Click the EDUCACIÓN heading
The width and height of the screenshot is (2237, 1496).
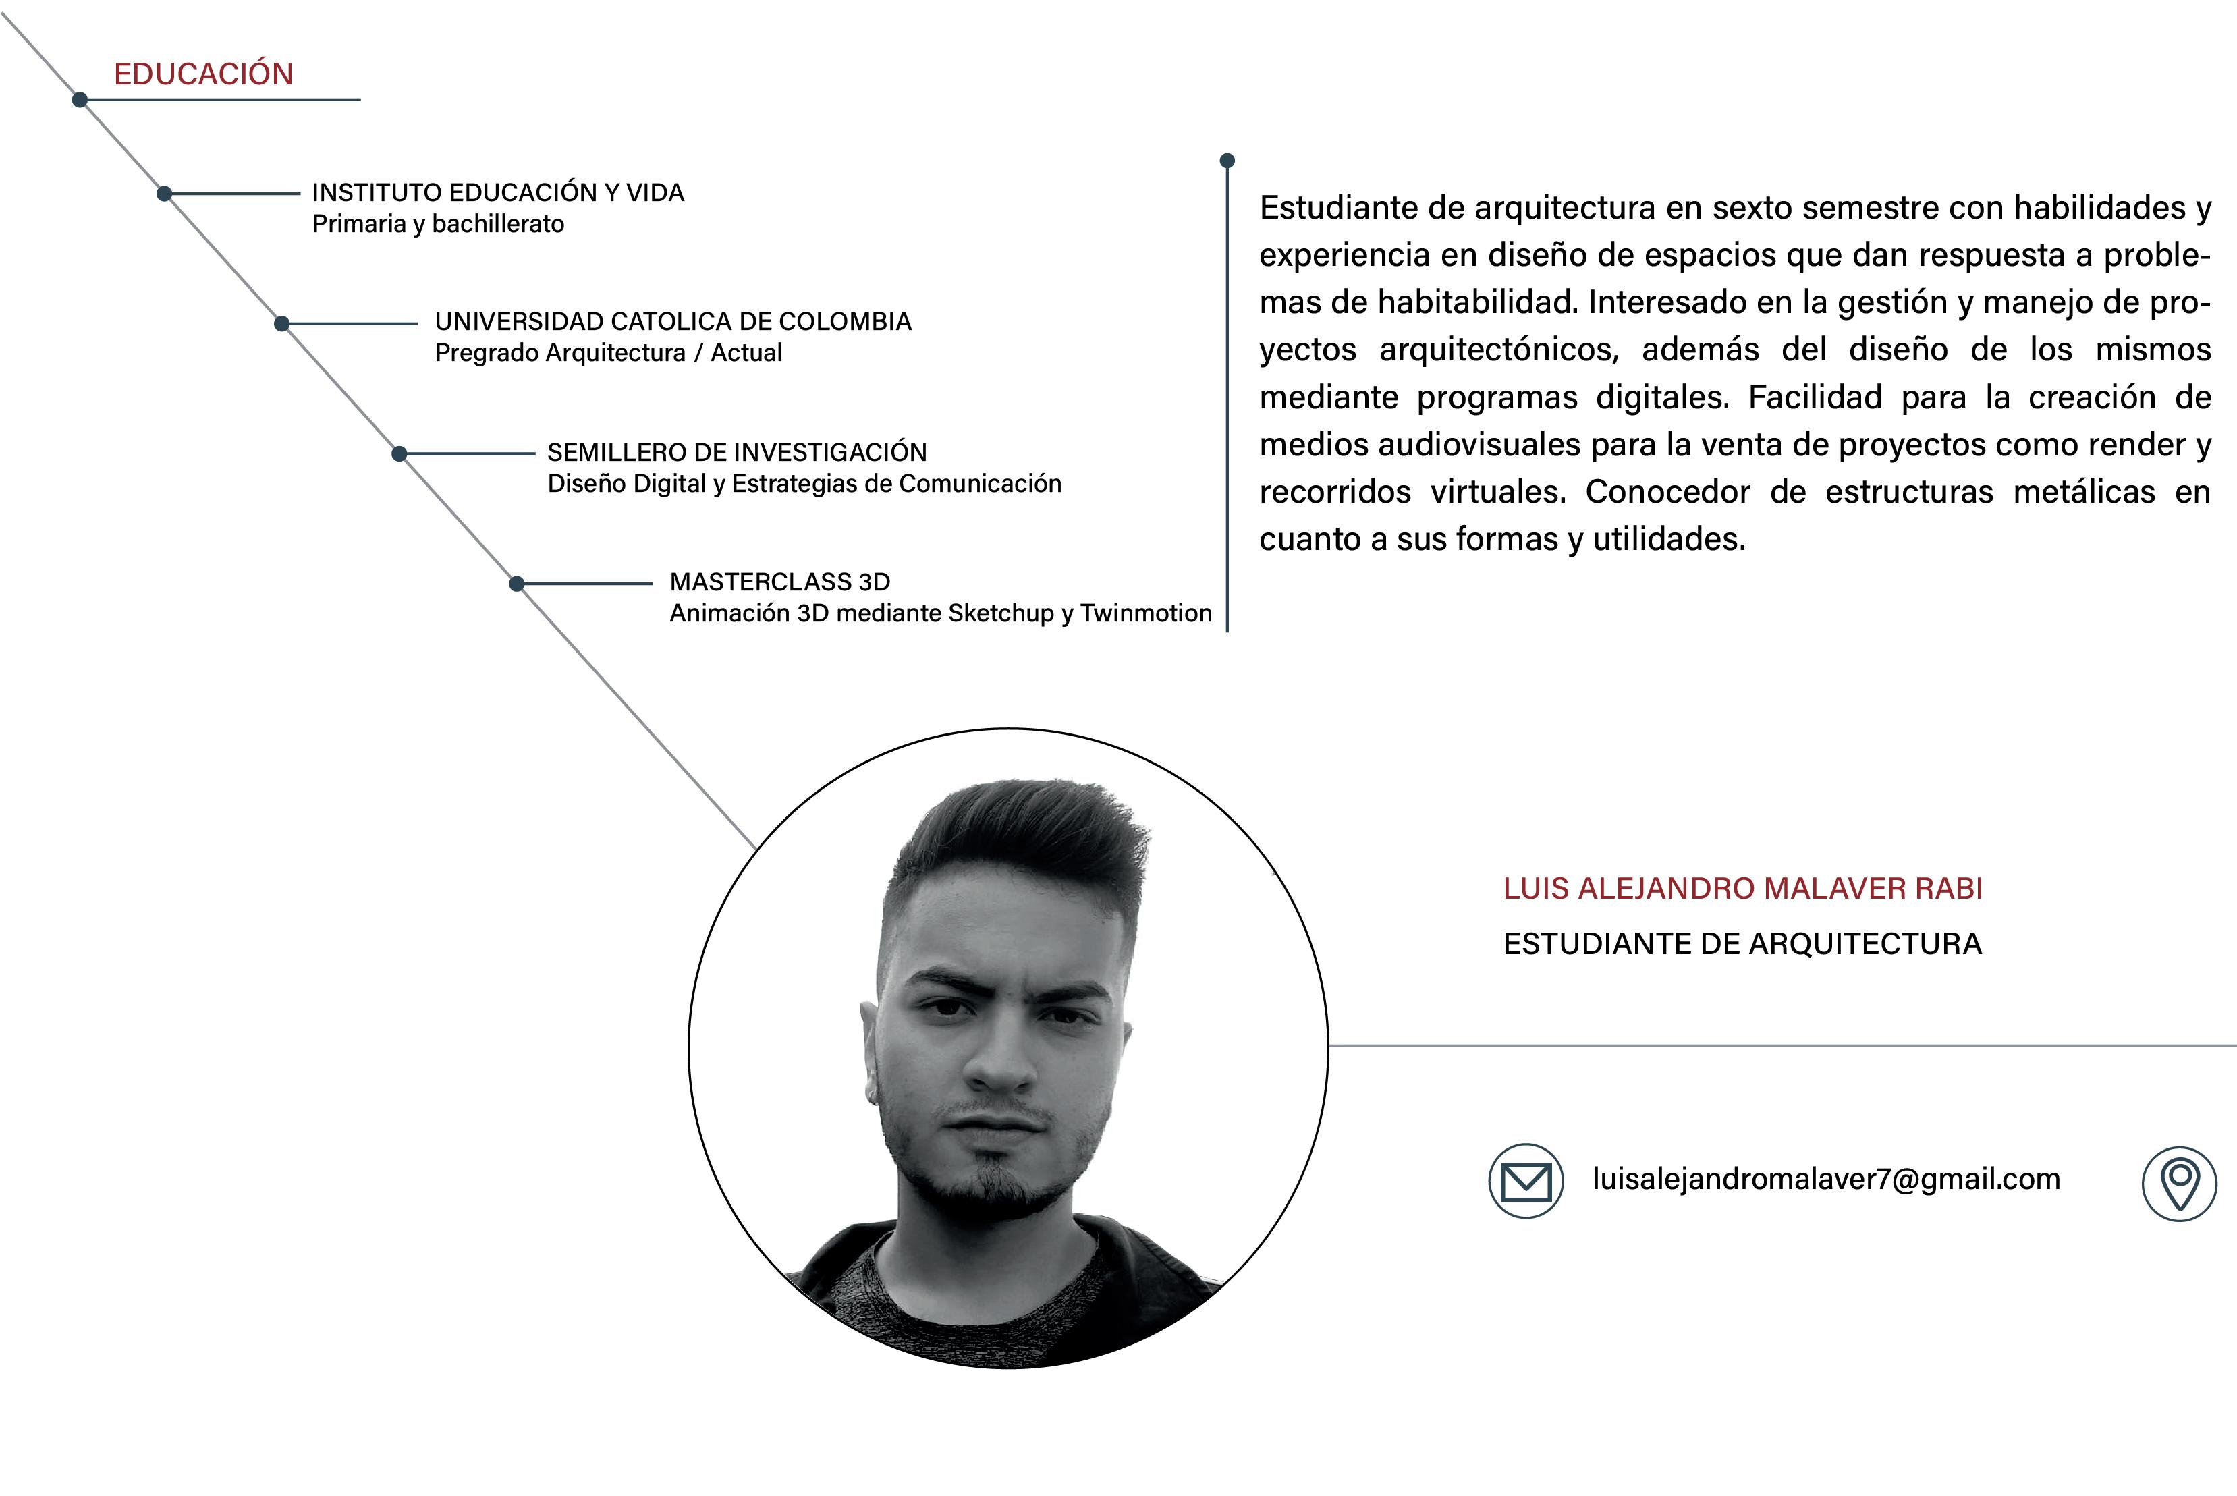tap(203, 74)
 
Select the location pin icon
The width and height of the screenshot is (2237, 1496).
tap(2179, 1183)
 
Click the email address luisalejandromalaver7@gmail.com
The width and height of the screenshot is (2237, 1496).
tap(1826, 1180)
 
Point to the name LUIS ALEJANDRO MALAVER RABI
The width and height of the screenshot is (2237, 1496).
tap(1743, 888)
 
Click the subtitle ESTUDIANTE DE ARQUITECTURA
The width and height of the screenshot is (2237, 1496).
tap(1742, 943)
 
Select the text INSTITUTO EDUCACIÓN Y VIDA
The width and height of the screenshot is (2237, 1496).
tap(498, 193)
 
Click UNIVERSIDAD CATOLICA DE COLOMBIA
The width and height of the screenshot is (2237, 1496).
tap(673, 321)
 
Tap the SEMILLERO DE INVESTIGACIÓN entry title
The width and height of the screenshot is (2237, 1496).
tap(736, 452)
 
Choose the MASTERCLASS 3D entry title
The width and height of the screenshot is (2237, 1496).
tap(779, 582)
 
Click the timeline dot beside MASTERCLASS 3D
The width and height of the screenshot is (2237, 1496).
tap(517, 584)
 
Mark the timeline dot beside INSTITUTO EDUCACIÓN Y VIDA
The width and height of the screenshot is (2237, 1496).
tap(164, 194)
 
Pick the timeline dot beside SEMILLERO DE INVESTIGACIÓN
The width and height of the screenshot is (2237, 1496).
tap(399, 454)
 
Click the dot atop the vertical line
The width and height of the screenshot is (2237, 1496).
tap(1227, 161)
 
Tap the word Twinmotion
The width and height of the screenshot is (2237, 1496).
tap(1146, 613)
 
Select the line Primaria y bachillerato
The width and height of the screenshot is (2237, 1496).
tap(438, 224)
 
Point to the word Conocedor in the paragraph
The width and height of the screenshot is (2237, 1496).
tap(1667, 493)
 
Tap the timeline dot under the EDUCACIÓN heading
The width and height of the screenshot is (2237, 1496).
tap(80, 99)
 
